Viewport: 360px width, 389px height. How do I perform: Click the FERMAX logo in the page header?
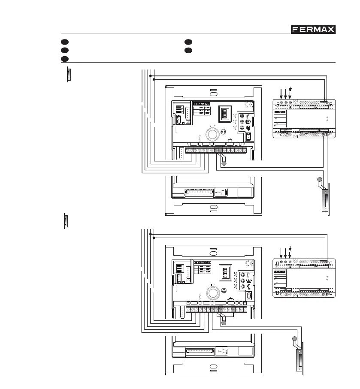point(313,30)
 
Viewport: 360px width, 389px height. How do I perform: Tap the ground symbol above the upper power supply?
point(291,89)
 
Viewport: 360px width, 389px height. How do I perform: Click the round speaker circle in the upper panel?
point(212,133)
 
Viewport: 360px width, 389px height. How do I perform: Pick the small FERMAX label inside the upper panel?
point(201,104)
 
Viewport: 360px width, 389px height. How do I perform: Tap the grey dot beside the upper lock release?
point(319,180)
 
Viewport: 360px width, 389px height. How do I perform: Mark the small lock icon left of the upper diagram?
point(68,74)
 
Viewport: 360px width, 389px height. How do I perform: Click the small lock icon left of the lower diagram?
point(66,221)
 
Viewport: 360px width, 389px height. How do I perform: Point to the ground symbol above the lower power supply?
point(290,248)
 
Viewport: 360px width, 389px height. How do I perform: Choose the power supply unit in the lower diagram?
point(304,277)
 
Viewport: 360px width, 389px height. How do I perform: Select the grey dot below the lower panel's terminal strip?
point(223,323)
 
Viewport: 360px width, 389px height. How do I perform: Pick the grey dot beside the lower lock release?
point(294,340)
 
